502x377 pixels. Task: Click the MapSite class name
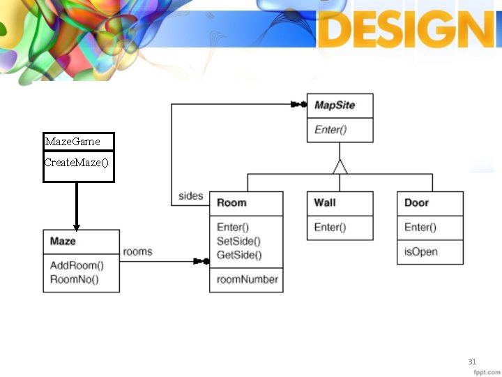[335, 105]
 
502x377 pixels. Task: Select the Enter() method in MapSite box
[330, 129]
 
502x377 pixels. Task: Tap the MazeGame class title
[73, 142]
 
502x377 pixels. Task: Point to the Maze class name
[63, 242]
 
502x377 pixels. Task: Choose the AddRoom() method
[77, 265]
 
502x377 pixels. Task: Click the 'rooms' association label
[137, 251]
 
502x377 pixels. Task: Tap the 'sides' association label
[190, 195]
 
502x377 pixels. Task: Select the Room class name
[231, 203]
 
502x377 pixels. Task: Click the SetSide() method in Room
[239, 241]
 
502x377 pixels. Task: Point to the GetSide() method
[239, 255]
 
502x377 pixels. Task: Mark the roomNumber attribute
[248, 279]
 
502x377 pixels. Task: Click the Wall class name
[324, 202]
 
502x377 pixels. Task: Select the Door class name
[416, 202]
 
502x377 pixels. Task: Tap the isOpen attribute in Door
[421, 251]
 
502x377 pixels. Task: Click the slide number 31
[472, 362]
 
